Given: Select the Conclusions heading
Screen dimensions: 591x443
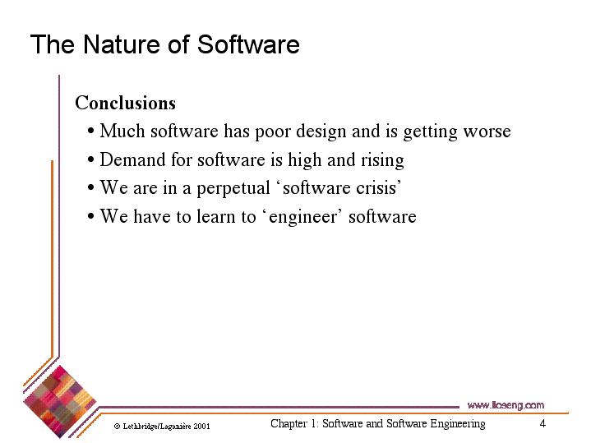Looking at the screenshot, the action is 125,103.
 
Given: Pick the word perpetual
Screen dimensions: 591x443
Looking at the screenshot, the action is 233,188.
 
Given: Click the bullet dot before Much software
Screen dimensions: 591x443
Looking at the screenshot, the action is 90,132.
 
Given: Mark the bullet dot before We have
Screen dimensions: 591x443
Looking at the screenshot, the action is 90,216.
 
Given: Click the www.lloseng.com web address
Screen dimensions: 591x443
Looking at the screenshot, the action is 506,405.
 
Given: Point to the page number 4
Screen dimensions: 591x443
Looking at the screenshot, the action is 543,423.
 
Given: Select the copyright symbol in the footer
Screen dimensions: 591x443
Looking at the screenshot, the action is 118,427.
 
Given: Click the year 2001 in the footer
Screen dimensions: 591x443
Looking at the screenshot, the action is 201,427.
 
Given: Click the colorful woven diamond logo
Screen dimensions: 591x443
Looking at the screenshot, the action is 59,402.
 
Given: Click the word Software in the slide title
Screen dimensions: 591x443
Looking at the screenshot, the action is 248,45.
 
